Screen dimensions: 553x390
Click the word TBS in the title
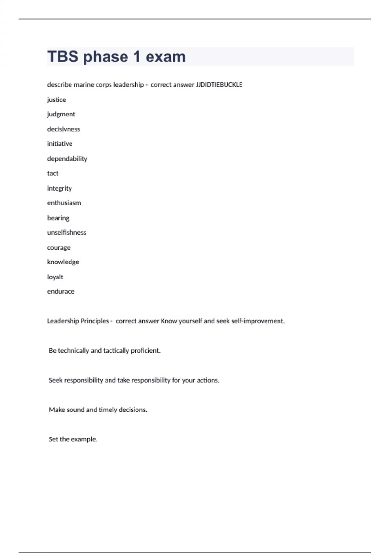coord(63,57)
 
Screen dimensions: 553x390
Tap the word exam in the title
coord(165,57)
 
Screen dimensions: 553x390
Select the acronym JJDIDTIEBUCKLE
coord(219,85)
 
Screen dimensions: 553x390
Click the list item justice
coord(57,100)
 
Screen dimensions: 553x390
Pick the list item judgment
coord(61,114)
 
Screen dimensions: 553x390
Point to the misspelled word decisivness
coord(63,129)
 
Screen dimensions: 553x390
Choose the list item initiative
coord(60,144)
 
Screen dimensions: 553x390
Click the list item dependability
coord(67,159)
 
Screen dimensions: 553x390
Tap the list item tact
coord(53,173)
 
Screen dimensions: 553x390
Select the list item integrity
coord(59,188)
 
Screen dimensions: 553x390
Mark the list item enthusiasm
coord(64,203)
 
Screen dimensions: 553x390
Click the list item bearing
coord(58,218)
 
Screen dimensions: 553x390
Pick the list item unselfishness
coord(67,233)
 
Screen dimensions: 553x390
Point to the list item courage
coord(59,248)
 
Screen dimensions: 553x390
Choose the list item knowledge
coord(63,262)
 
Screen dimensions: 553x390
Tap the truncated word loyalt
coord(55,277)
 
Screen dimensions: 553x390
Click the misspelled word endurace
coord(61,292)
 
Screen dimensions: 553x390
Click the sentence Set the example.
coord(73,439)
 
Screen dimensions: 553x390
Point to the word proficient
coord(145,351)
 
